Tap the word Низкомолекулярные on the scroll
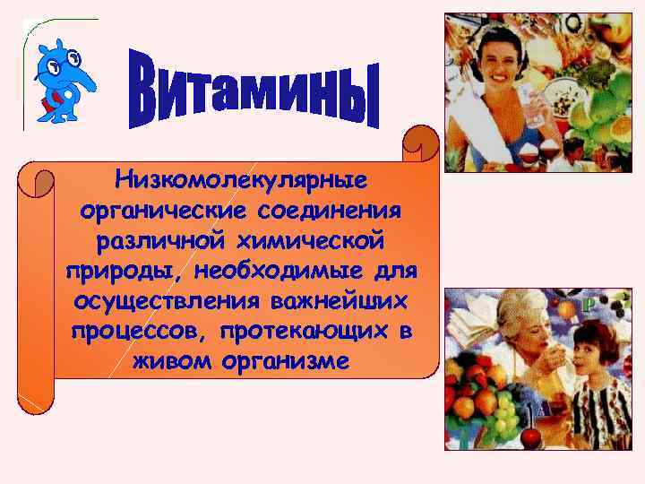coord(241,179)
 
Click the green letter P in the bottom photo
coord(588,306)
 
